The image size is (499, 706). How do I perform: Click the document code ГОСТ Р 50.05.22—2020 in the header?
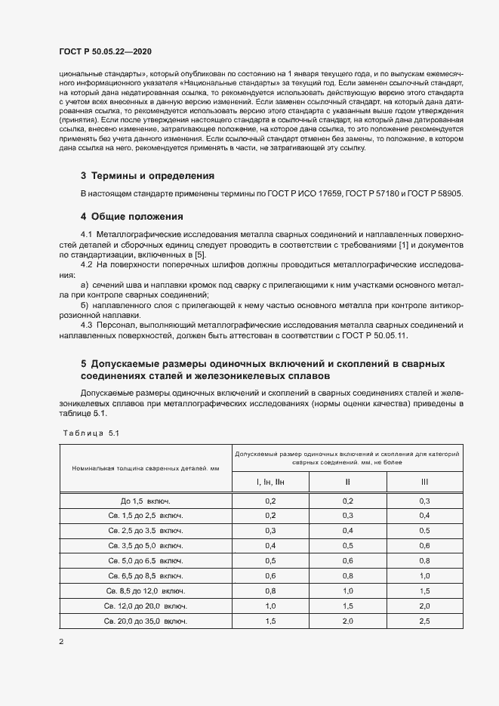104,51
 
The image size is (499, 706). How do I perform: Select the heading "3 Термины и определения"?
147,175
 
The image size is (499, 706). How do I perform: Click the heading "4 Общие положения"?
132,216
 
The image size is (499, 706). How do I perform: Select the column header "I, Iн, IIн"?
271,481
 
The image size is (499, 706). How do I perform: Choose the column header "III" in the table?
424,481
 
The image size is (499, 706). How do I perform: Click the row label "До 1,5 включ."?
145,501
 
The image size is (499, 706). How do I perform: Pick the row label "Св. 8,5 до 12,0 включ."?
145,590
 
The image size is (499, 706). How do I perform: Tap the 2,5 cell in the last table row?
424,620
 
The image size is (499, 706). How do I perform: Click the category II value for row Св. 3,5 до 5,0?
348,545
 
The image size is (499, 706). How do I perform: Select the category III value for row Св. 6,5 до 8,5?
424,575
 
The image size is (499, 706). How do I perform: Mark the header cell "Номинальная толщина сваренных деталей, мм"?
145,469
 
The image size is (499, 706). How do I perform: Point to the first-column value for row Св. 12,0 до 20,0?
271,606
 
